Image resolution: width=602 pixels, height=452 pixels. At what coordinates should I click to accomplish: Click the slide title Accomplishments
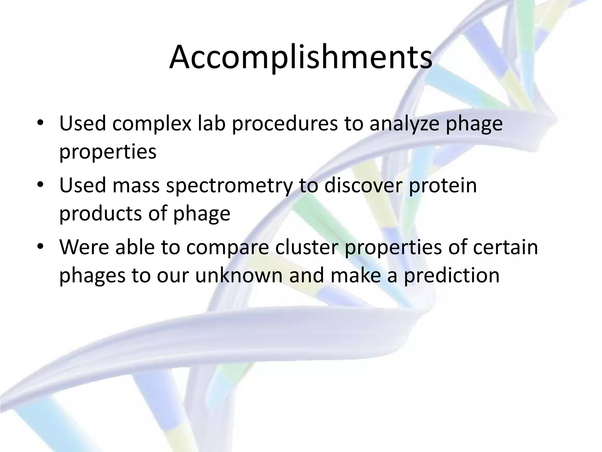click(x=300, y=57)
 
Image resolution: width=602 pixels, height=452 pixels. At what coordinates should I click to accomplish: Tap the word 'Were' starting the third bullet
click(x=84, y=247)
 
